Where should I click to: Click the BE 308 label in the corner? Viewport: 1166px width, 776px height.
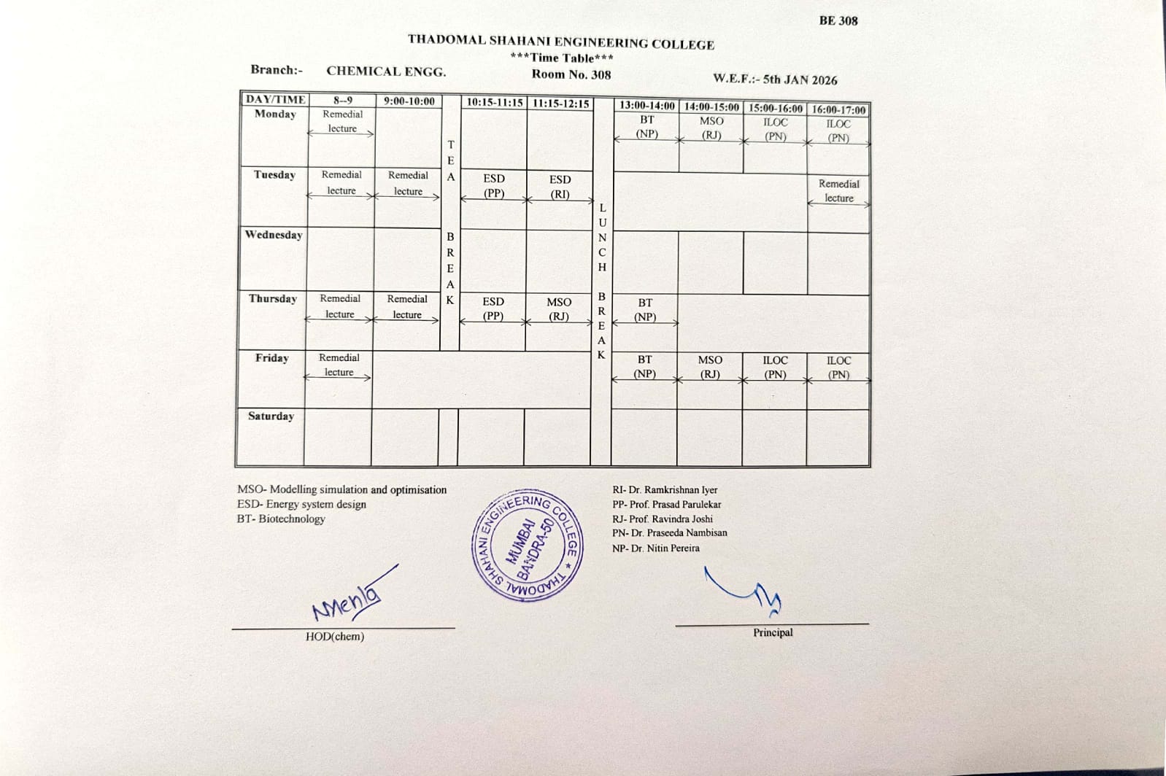838,20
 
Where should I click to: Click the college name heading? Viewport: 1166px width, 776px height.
560,42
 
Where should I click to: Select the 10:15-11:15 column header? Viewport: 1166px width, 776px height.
495,103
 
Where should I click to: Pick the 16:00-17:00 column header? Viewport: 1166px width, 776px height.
838,110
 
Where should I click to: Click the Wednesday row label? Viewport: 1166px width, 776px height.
274,235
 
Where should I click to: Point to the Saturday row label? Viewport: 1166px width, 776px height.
271,416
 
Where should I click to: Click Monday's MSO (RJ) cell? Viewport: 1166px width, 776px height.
711,128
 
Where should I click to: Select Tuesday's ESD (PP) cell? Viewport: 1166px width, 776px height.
494,186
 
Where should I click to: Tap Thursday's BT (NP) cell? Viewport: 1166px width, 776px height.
645,310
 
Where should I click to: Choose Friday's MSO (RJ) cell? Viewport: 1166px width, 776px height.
710,367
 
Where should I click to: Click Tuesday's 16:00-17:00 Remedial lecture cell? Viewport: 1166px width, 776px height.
838,191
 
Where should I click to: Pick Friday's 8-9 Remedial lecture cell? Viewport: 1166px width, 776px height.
339,365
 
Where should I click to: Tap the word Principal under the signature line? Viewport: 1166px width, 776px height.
773,633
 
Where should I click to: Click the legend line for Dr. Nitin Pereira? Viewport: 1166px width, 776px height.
656,548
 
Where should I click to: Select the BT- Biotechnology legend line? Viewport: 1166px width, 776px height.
281,519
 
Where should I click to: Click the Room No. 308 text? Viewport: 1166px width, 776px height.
571,74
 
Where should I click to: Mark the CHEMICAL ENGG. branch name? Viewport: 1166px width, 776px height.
386,71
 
